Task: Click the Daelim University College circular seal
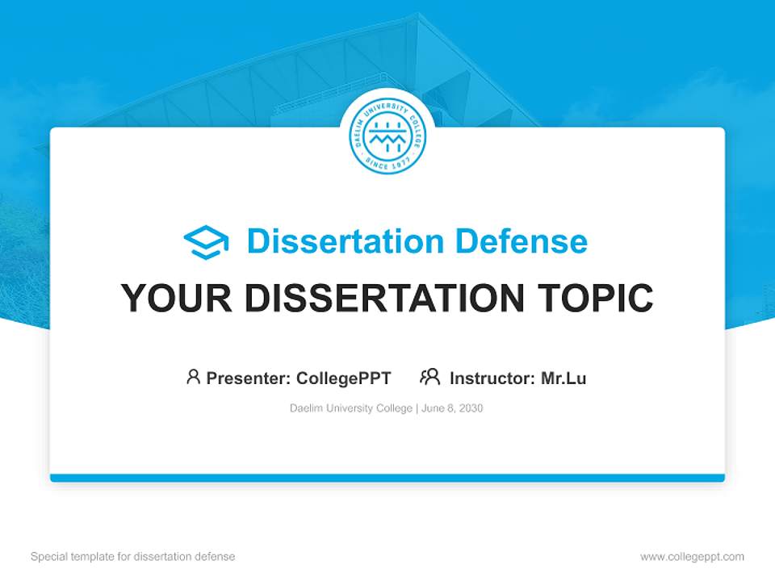tap(387, 136)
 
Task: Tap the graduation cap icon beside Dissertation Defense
tap(206, 242)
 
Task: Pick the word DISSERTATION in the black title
tap(383, 299)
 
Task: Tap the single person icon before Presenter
tap(193, 377)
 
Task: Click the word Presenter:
tap(249, 378)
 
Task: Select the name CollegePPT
tap(344, 378)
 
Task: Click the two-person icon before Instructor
tap(429, 377)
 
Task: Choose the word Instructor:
tap(492, 378)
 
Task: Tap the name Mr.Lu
tap(563, 378)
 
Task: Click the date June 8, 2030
tap(452, 408)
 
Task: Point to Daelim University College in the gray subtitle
tap(351, 408)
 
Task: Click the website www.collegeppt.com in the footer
tap(692, 557)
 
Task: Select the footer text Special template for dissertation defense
tap(132, 557)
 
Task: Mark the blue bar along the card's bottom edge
tap(387, 478)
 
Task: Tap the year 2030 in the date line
tap(471, 408)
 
